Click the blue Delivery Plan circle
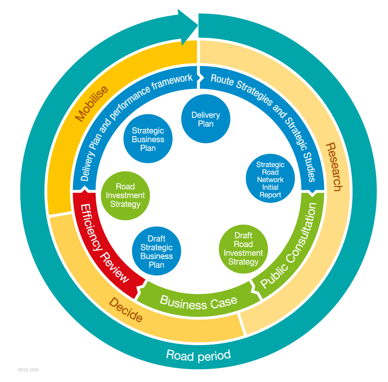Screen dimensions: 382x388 [x=205, y=119]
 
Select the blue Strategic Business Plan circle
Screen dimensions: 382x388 [x=148, y=139]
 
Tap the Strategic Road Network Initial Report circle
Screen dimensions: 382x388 [x=270, y=179]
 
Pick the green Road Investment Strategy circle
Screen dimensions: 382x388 [x=125, y=195]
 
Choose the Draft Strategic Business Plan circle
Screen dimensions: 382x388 [x=156, y=252]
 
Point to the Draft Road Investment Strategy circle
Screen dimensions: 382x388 [x=243, y=249]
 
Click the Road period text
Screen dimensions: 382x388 [x=198, y=355]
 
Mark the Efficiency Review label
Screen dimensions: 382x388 [x=104, y=243]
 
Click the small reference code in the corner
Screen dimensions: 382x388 [x=28, y=370]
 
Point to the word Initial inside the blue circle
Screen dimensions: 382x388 [x=270, y=187]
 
